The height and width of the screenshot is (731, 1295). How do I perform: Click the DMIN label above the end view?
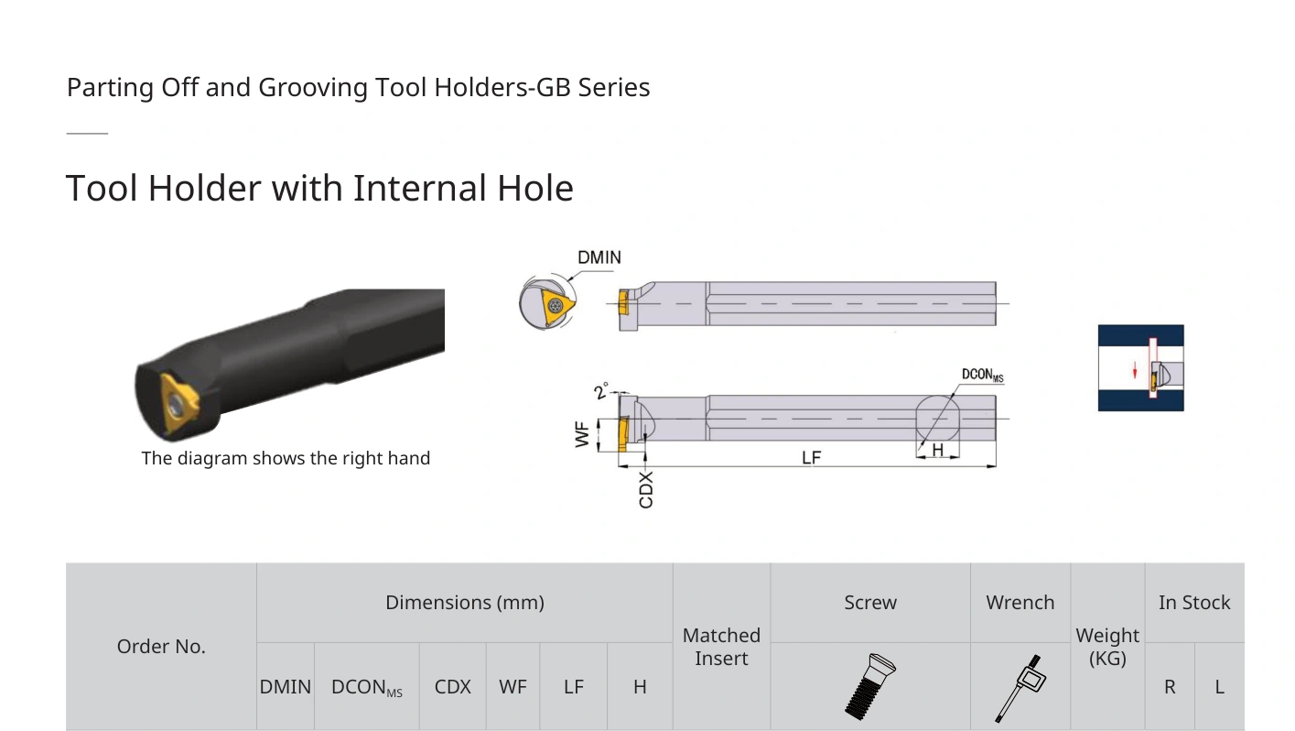pos(599,257)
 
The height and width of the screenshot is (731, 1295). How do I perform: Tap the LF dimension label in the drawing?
pos(811,458)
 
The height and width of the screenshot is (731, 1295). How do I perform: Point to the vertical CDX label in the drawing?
pos(646,490)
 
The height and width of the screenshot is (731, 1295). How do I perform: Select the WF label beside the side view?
pos(582,434)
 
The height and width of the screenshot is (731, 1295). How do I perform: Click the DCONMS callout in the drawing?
pos(982,375)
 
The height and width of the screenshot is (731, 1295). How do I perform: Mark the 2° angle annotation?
pos(601,390)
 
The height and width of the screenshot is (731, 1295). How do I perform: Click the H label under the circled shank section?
pos(938,450)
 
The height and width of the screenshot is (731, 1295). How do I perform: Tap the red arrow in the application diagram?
pos(1135,370)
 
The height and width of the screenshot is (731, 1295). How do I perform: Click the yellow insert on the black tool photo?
pos(179,403)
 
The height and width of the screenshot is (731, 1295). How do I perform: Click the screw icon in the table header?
pos(870,686)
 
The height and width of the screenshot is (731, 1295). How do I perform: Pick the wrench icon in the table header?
pos(1020,688)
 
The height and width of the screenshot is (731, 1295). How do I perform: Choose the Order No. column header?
pos(161,647)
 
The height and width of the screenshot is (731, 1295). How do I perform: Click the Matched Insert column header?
pos(721,647)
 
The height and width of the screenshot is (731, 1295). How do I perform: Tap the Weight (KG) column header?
pos(1107,647)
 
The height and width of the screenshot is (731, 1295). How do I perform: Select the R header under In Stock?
pos(1170,687)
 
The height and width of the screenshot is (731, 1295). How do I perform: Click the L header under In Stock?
pos(1219,687)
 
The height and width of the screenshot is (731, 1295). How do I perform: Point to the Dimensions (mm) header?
pos(465,603)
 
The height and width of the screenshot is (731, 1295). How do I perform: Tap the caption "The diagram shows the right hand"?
pos(286,458)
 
